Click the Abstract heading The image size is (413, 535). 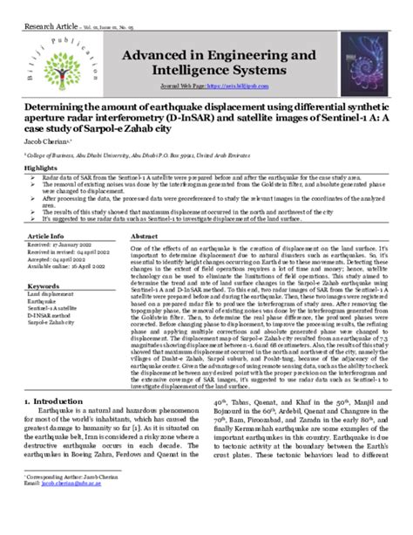click(x=144, y=237)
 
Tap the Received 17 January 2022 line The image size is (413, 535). click(x=60, y=246)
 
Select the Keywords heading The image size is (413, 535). click(x=44, y=286)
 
